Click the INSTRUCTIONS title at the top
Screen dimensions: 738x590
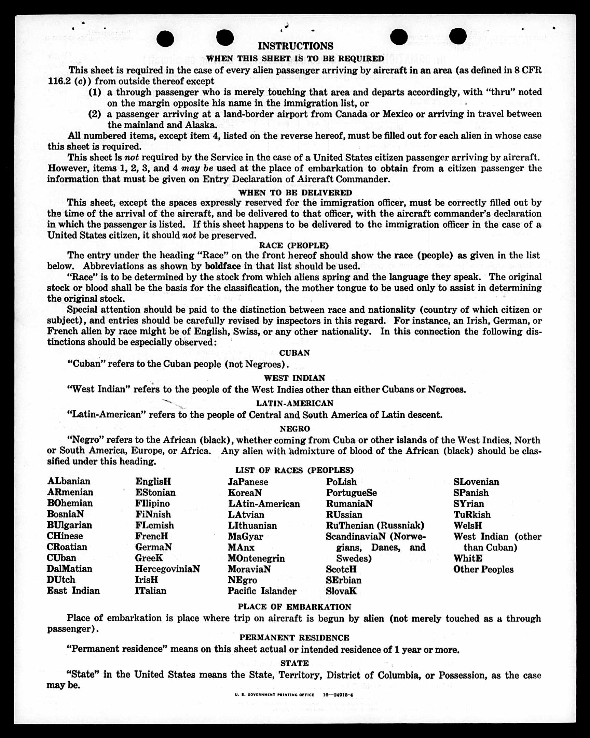295,46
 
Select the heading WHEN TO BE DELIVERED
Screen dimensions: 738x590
295,193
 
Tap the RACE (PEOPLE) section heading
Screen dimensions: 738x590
293,245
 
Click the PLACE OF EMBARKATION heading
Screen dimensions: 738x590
294,607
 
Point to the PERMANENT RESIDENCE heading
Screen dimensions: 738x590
294,638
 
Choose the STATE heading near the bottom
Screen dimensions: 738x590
294,663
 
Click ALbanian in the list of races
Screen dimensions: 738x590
69,481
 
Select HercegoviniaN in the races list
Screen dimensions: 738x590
167,569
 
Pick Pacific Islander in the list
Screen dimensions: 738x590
262,591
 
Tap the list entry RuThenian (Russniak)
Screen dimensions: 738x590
375,525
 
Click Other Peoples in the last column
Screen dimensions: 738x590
483,569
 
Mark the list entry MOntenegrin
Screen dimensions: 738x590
256,558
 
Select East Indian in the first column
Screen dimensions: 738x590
73,591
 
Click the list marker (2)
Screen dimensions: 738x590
95,114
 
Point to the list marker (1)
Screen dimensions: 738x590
95,92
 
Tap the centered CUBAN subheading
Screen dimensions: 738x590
294,353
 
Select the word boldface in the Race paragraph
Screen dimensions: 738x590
223,266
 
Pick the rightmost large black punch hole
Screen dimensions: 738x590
457,36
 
